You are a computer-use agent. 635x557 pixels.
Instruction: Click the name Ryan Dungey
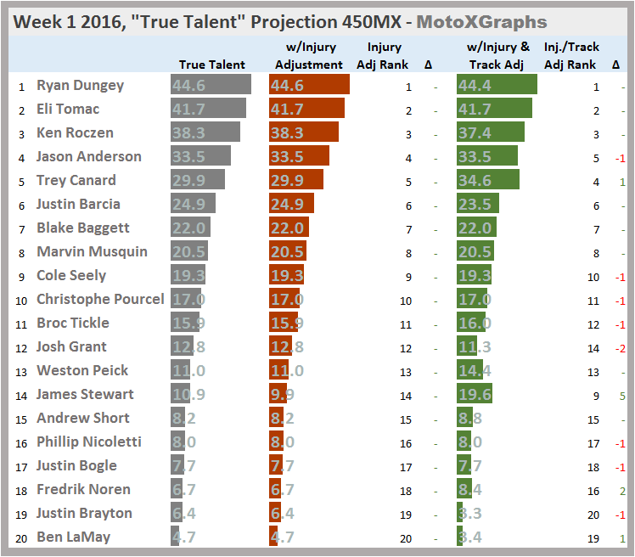tap(80, 85)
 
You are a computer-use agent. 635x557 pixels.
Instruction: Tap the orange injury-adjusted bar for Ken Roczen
tap(303, 132)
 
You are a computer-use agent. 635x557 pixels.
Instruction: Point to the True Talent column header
tap(211, 65)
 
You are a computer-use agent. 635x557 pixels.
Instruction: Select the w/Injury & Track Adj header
tap(499, 56)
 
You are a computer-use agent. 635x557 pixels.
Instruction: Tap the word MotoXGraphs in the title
tap(488, 22)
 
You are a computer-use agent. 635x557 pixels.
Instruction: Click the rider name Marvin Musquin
tap(92, 251)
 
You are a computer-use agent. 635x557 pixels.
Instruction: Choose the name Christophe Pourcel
tap(100, 299)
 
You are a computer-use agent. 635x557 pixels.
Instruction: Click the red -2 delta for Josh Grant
tap(620, 346)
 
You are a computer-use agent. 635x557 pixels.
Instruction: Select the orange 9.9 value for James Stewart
tap(282, 394)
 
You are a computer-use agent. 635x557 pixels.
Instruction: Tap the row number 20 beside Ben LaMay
tap(19, 537)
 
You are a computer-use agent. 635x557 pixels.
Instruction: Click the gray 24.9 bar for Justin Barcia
tap(193, 204)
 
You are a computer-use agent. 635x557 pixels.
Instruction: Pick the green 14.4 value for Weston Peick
tap(474, 370)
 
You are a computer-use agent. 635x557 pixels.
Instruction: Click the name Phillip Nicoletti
tap(88, 442)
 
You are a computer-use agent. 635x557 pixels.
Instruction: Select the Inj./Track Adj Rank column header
tap(570, 56)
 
